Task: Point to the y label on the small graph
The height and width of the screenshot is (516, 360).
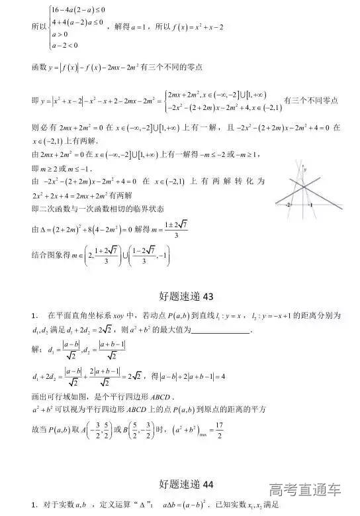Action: click(x=305, y=170)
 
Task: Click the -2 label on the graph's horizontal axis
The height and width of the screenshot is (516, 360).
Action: click(x=289, y=205)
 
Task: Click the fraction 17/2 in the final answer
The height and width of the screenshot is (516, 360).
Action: click(x=220, y=435)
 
